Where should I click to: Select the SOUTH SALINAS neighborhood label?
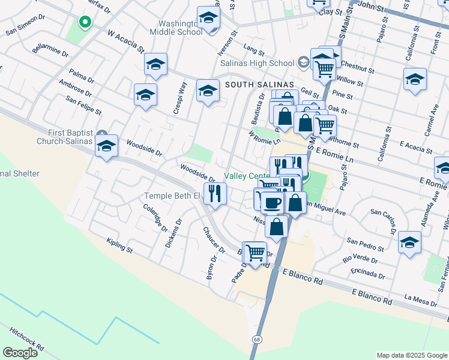(x=259, y=85)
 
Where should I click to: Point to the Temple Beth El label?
(x=171, y=196)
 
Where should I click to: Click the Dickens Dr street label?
(x=173, y=233)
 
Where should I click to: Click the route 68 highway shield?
(x=256, y=340)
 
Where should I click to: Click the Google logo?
(x=20, y=353)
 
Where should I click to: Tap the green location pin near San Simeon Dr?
(x=85, y=23)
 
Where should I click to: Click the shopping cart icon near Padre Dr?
(x=256, y=252)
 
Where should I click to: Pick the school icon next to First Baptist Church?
(x=107, y=146)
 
